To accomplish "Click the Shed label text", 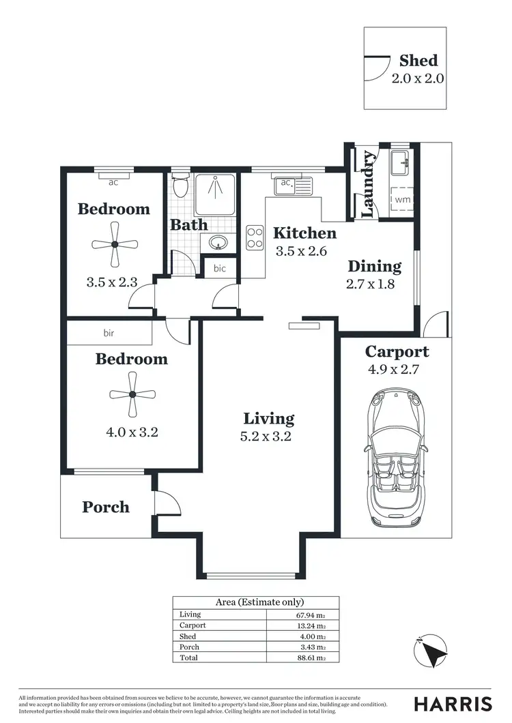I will (418, 61).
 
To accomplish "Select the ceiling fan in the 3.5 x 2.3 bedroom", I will (115, 244).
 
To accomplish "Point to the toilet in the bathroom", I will (180, 186).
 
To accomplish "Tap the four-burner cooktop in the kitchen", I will (255, 237).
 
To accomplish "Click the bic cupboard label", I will (219, 268).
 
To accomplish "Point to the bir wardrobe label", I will (109, 333).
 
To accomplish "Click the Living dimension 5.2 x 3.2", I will (269, 437).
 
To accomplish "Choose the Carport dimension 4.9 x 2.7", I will (397, 370).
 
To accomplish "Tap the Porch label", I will (106, 507).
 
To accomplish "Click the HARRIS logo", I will (453, 704).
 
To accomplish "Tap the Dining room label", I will (374, 267).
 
